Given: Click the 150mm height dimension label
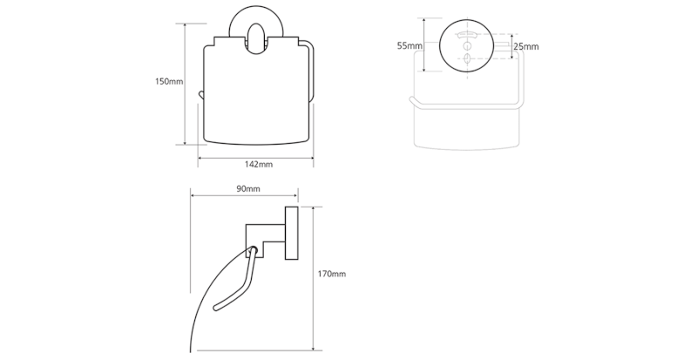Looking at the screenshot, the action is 169,81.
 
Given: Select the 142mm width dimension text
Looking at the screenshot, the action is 259,164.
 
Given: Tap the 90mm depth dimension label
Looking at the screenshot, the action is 247,188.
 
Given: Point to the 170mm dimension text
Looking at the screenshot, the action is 331,274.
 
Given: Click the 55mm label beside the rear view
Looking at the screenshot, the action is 409,45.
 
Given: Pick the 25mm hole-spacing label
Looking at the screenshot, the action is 526,46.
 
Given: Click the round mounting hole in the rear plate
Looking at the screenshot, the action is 467,46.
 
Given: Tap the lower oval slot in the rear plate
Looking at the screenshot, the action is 467,58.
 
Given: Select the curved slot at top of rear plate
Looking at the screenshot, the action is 467,35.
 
